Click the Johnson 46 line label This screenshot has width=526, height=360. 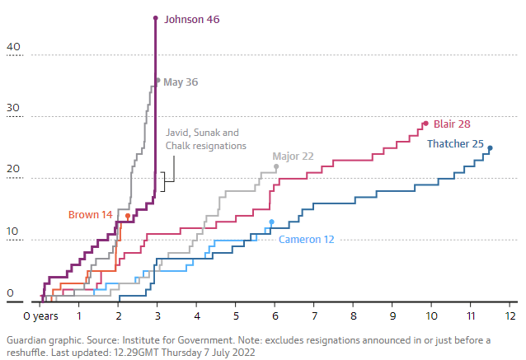click(x=191, y=18)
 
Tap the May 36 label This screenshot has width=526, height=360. click(x=180, y=82)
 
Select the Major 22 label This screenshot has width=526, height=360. click(x=293, y=156)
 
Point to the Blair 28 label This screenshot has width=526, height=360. click(x=452, y=124)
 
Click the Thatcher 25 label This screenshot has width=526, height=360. click(x=455, y=144)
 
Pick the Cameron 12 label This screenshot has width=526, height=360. click(x=306, y=239)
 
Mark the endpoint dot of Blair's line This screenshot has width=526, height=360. click(x=425, y=124)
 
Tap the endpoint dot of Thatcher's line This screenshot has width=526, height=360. click(x=491, y=148)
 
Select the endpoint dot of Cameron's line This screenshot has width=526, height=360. click(x=272, y=222)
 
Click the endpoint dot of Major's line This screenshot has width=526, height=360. click(x=276, y=166)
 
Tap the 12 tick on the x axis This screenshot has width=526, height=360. click(x=510, y=316)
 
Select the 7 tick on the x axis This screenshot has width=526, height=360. click(x=314, y=316)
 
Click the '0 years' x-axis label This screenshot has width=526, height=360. click(x=40, y=316)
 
